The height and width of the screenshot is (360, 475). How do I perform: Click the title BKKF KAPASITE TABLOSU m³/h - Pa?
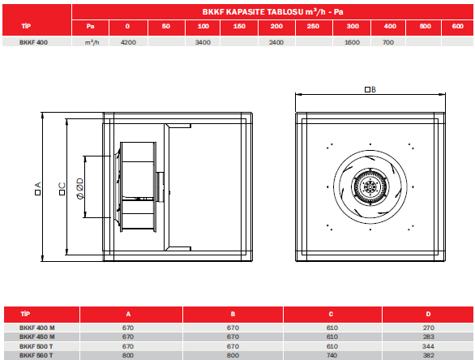(x=272, y=12)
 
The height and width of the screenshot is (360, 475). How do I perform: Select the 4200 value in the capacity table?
(x=128, y=42)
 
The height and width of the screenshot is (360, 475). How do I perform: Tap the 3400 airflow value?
(x=203, y=42)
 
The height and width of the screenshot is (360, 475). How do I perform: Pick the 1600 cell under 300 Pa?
(x=352, y=42)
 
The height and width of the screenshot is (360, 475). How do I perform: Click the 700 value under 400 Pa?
(x=388, y=42)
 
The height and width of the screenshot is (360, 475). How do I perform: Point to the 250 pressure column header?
(x=313, y=27)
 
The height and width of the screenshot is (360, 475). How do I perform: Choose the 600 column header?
(x=458, y=27)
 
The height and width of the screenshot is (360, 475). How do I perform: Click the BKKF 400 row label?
(x=33, y=42)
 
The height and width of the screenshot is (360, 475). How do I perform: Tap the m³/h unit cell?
(x=92, y=42)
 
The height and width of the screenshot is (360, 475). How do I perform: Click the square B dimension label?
(x=370, y=89)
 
